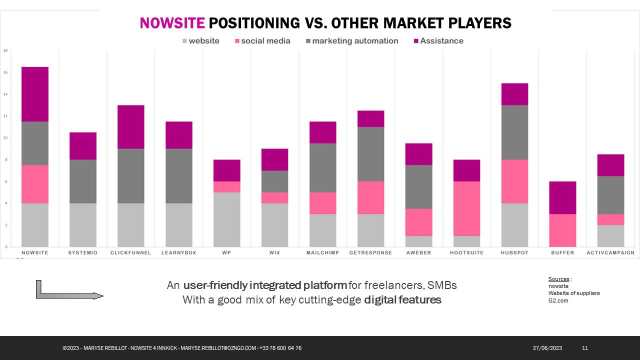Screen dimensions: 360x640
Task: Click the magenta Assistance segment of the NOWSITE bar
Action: pyautogui.click(x=35, y=94)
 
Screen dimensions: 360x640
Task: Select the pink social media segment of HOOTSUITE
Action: pyautogui.click(x=466, y=208)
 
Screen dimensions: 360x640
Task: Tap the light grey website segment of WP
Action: pyautogui.click(x=226, y=219)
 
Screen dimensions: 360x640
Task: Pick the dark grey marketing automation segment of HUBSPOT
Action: pyautogui.click(x=514, y=132)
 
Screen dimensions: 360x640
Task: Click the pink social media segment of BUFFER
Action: pyautogui.click(x=562, y=230)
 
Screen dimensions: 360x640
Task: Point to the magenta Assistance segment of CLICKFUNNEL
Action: pyautogui.click(x=131, y=126)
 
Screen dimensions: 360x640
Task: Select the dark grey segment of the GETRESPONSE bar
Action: pyautogui.click(x=370, y=154)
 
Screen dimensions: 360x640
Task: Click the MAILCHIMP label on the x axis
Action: pyautogui.click(x=322, y=253)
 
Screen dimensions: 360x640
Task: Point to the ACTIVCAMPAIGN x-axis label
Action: pyautogui.click(x=610, y=253)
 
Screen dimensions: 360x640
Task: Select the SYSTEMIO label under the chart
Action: pyautogui.click(x=83, y=253)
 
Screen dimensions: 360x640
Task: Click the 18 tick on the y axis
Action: pyautogui.click(x=5, y=50)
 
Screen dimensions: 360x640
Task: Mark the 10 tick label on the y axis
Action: pyautogui.click(x=5, y=138)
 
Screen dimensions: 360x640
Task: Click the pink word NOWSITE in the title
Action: pyautogui.click(x=172, y=23)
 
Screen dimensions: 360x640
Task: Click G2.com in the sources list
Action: pyautogui.click(x=558, y=300)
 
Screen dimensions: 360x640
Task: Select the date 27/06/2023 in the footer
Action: pyautogui.click(x=547, y=348)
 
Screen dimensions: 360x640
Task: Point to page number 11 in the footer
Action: pyautogui.click(x=585, y=348)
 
